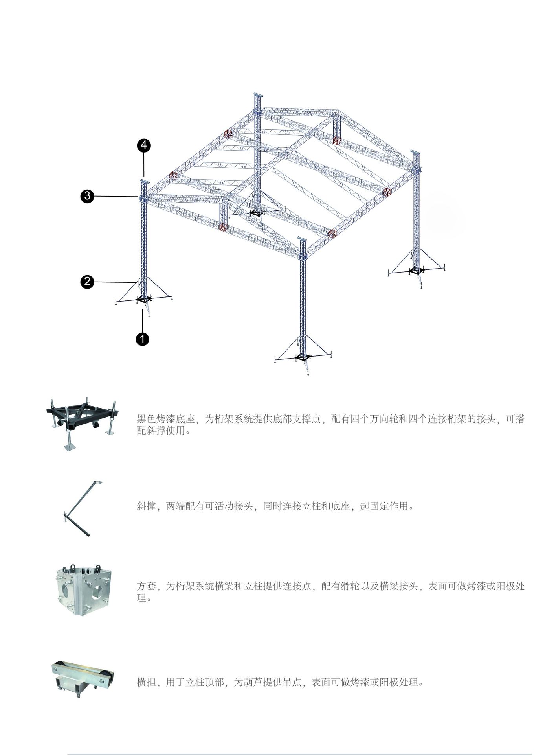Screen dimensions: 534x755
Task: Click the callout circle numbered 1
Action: pyautogui.click(x=142, y=339)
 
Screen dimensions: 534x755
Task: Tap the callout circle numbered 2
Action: pyautogui.click(x=87, y=282)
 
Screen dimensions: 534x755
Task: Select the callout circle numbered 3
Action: pyautogui.click(x=87, y=196)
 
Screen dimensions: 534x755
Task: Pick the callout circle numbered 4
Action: pyautogui.click(x=144, y=145)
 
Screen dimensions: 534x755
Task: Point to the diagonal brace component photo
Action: pyautogui.click(x=82, y=509)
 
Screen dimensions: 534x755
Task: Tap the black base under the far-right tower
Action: pyautogui.click(x=416, y=271)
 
